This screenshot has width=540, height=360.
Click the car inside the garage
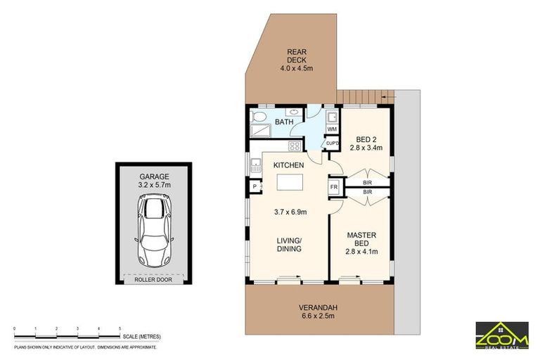(x=154, y=229)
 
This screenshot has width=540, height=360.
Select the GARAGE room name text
(x=154, y=177)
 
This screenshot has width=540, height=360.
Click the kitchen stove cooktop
(x=295, y=146)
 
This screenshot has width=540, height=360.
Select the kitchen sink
(x=255, y=167)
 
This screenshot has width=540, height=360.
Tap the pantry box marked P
(x=253, y=187)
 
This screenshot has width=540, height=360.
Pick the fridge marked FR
(x=334, y=188)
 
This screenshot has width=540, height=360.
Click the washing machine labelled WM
(x=332, y=129)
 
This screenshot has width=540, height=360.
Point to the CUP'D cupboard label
(x=332, y=143)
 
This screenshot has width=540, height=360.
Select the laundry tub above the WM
(x=332, y=116)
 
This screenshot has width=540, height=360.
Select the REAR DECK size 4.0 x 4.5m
(x=294, y=68)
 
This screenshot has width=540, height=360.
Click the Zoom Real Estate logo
(x=501, y=334)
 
